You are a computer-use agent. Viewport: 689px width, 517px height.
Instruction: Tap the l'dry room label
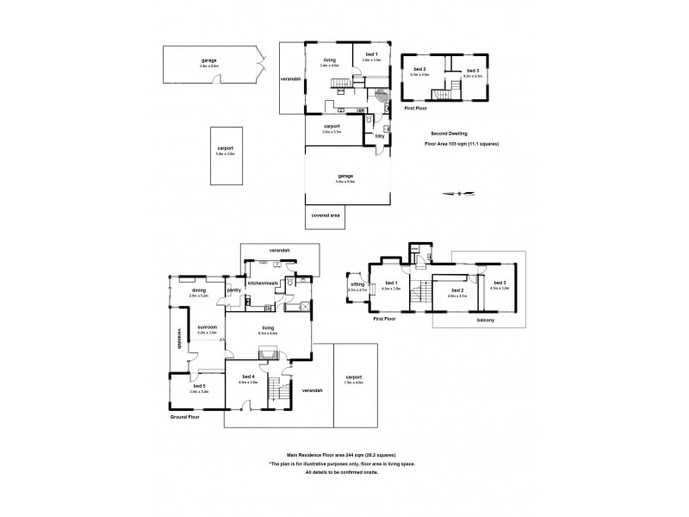[x=379, y=137]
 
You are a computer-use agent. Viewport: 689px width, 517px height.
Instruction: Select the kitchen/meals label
[x=264, y=283]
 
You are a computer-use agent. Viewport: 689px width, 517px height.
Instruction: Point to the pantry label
[x=233, y=291]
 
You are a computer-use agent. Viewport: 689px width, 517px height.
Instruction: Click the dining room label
[x=198, y=291]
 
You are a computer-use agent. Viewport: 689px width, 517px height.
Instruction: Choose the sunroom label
[x=207, y=328]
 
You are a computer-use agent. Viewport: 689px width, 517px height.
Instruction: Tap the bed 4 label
[x=248, y=378]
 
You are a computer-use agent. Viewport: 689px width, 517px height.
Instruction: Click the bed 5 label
[x=197, y=385]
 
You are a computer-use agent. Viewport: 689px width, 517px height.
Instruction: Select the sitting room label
[x=357, y=283]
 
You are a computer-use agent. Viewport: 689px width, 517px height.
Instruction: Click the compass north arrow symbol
[x=459, y=193]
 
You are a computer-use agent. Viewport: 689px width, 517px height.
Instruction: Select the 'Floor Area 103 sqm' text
[x=462, y=144]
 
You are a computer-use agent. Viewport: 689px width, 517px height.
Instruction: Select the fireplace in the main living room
[x=267, y=352]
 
